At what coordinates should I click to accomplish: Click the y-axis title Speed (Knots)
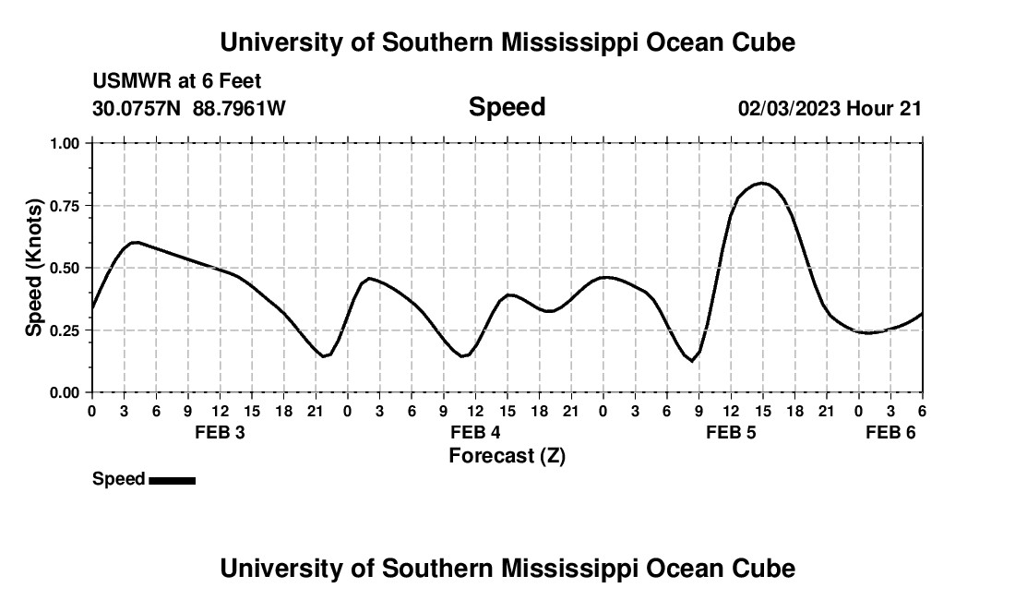(x=34, y=268)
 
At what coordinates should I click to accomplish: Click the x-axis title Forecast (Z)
(x=507, y=456)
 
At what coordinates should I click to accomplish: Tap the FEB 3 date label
(x=220, y=432)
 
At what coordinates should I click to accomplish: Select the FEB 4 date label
(x=475, y=432)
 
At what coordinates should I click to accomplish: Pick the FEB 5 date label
(x=731, y=432)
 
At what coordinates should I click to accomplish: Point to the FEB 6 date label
(x=890, y=432)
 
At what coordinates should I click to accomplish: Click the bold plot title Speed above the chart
(x=507, y=108)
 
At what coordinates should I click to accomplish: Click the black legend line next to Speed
(x=172, y=480)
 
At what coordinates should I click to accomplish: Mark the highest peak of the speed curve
(x=762, y=183)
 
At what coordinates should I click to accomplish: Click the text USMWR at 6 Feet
(x=177, y=82)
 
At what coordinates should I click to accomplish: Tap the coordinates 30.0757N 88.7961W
(x=189, y=109)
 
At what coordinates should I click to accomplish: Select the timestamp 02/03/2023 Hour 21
(x=830, y=109)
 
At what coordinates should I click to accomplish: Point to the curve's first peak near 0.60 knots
(x=135, y=242)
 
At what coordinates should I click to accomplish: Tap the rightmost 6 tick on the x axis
(x=922, y=411)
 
